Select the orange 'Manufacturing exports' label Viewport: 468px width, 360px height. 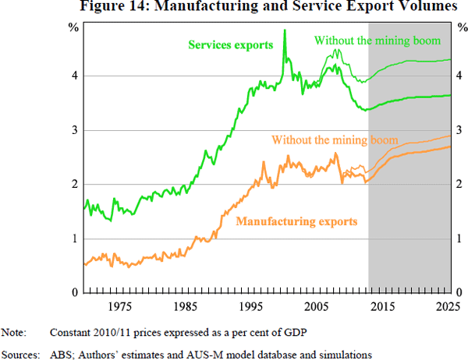coord(296,221)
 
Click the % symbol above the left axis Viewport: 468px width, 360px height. coord(72,28)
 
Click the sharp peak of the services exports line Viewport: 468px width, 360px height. coord(284,30)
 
